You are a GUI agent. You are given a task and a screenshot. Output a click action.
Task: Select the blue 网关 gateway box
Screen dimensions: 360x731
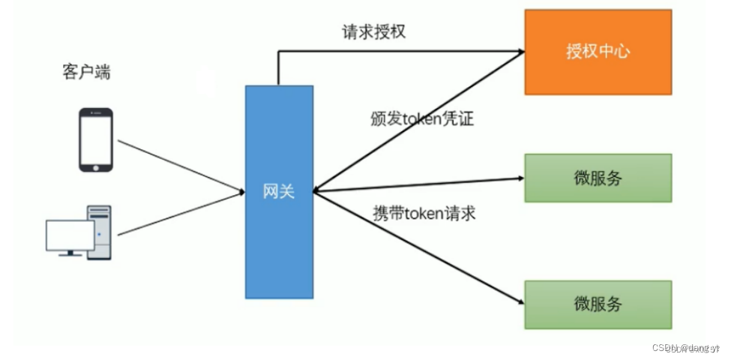279,191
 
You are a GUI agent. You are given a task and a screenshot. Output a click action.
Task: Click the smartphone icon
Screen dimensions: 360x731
96,139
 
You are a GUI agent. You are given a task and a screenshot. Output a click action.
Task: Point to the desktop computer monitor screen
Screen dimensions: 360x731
70,235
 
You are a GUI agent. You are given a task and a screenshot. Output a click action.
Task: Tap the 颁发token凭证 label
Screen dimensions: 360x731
422,118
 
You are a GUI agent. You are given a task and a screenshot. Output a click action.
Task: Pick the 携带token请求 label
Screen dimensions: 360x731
424,213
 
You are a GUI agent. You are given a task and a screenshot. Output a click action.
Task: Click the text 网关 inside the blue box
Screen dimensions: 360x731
279,191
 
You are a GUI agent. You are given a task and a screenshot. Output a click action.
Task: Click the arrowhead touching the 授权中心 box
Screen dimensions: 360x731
520,52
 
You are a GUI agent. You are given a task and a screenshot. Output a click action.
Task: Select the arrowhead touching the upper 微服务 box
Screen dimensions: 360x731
520,178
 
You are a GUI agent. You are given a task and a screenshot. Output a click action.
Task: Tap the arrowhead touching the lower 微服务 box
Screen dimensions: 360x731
519,301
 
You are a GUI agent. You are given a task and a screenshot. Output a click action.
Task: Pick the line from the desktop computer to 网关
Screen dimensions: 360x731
180,214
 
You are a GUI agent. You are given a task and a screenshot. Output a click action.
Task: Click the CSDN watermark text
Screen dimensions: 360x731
685,347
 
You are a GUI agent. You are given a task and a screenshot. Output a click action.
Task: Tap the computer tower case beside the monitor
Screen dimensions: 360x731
100,232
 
